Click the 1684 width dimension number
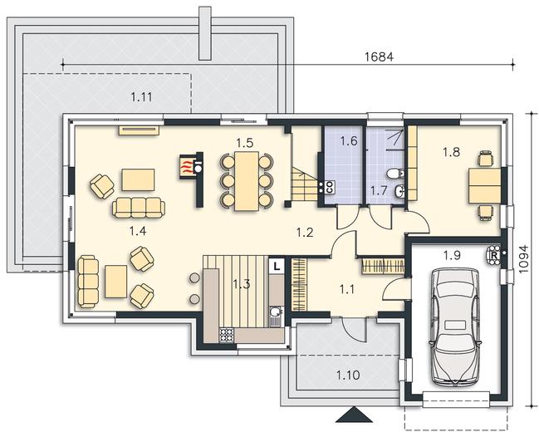[x=379, y=56]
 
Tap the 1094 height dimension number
[x=523, y=259]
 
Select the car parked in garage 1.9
[x=455, y=326]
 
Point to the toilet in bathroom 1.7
[x=394, y=174]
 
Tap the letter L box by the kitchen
[x=277, y=266]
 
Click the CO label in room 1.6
[x=329, y=187]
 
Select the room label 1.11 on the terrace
[x=141, y=97]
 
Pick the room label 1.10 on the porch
[x=348, y=375]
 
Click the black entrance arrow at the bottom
[x=354, y=415]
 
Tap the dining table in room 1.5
[x=247, y=181]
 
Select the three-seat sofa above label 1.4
[x=139, y=208]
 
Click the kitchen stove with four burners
[x=227, y=335]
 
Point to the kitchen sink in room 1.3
[x=275, y=316]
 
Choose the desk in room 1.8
[x=484, y=186]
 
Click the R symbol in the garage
[x=494, y=256]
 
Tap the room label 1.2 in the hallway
[x=305, y=233]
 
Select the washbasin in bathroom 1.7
[x=399, y=191]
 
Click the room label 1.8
[x=451, y=152]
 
